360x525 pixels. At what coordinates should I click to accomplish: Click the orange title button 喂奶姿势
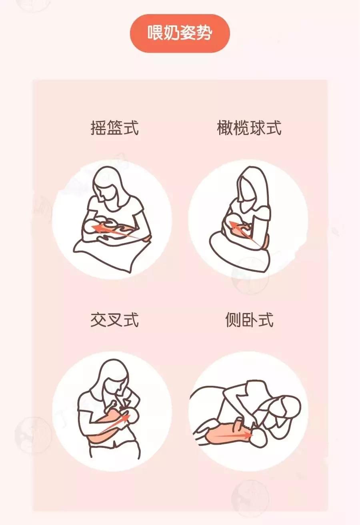180,33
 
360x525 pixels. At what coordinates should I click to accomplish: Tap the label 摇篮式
115,128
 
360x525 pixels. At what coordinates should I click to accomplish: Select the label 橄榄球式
249,128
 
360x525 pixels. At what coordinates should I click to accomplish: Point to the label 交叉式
115,320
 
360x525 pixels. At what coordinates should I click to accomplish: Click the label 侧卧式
249,320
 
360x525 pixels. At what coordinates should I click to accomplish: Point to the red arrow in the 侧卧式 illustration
233,435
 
